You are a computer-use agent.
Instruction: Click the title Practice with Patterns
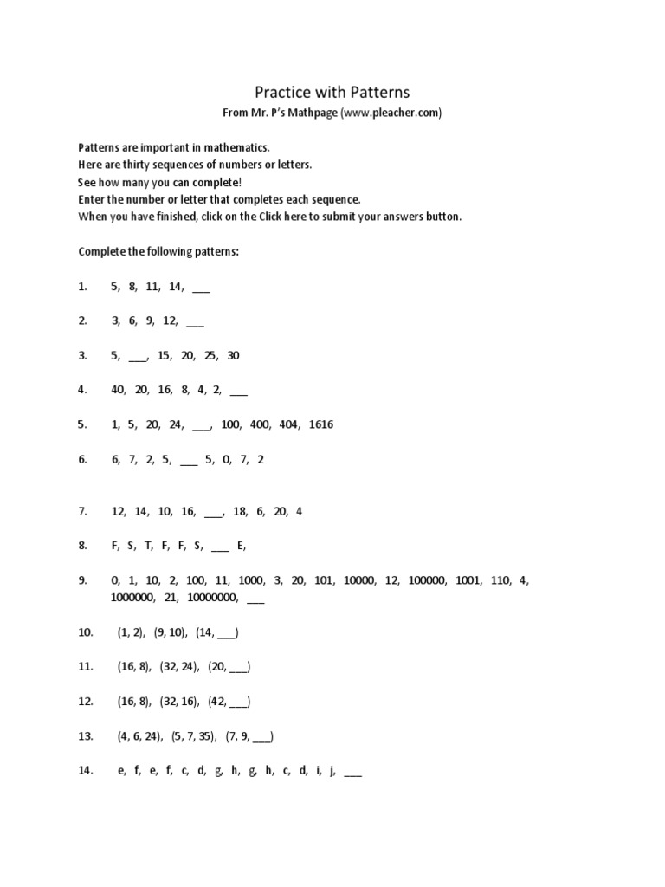pyautogui.click(x=332, y=92)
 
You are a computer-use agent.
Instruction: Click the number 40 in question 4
pyautogui.click(x=118, y=390)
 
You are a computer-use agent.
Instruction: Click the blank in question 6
pyautogui.click(x=190, y=462)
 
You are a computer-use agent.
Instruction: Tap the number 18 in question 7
pyautogui.click(x=240, y=511)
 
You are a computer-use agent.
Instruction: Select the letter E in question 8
pyautogui.click(x=241, y=546)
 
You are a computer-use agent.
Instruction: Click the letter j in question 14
pyautogui.click(x=332, y=771)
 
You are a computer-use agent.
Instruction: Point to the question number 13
pyautogui.click(x=85, y=736)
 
